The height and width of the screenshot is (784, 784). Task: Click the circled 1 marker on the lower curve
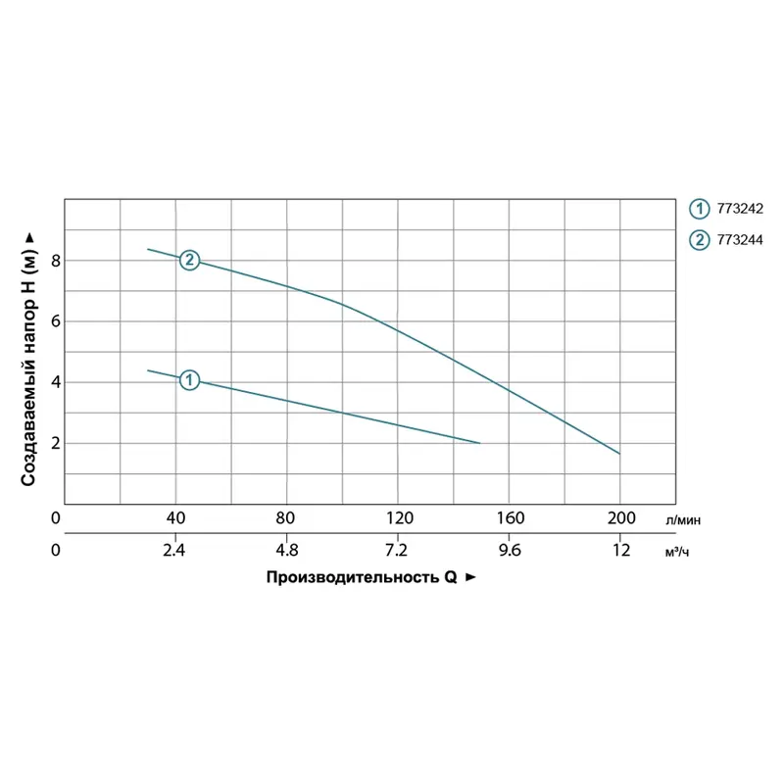click(x=190, y=379)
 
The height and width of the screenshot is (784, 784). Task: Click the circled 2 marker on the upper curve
click(x=190, y=260)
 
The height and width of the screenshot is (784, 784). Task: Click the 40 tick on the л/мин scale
click(x=175, y=517)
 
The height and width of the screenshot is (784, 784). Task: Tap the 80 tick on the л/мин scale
click(x=286, y=517)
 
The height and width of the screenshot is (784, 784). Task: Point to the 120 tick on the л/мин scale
click(x=399, y=517)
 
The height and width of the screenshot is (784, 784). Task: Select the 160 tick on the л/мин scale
click(x=511, y=517)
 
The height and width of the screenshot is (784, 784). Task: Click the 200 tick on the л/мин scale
click(x=621, y=517)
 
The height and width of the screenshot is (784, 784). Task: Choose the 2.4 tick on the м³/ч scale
click(x=174, y=550)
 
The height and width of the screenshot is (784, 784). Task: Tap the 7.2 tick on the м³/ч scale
click(x=398, y=550)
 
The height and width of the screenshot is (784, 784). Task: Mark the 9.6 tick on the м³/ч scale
click(x=510, y=550)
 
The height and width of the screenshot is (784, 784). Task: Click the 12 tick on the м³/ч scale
click(x=620, y=550)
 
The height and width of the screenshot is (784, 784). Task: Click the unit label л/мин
click(x=683, y=520)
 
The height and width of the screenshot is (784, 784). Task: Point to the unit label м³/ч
click(x=677, y=552)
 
